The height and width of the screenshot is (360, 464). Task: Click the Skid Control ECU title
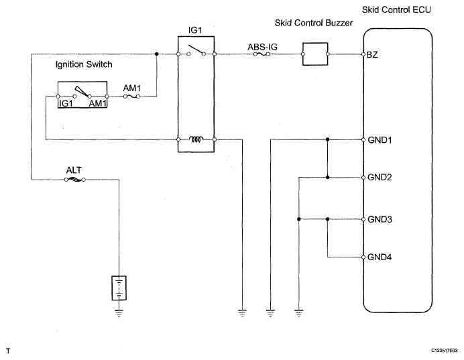coord(396,10)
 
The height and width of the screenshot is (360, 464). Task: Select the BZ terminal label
coord(372,55)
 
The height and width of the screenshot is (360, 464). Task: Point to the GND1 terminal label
coord(380,140)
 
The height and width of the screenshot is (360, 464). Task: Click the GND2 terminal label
coord(380,177)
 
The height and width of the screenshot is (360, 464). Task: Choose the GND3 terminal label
coord(380,219)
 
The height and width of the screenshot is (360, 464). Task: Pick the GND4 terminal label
coord(380,257)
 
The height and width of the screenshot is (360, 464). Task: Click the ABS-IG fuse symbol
coord(262,54)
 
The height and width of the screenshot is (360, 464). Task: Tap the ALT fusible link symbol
coord(74,180)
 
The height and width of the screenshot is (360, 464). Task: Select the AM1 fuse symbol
coord(131,97)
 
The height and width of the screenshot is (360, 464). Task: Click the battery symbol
coord(119,288)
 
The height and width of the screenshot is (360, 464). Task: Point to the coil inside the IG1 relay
coord(196,139)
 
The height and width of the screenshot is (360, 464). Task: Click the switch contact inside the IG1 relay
coord(196,50)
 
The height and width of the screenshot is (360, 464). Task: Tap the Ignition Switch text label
coord(84,64)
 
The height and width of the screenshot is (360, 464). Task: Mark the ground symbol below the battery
coord(119,313)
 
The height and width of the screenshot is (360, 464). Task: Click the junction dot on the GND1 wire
coord(327,139)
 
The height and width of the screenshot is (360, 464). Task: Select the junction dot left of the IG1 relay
coord(157,54)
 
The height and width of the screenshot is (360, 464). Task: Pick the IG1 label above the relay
coord(195,30)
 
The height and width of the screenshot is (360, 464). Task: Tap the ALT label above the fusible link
coord(74,170)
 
